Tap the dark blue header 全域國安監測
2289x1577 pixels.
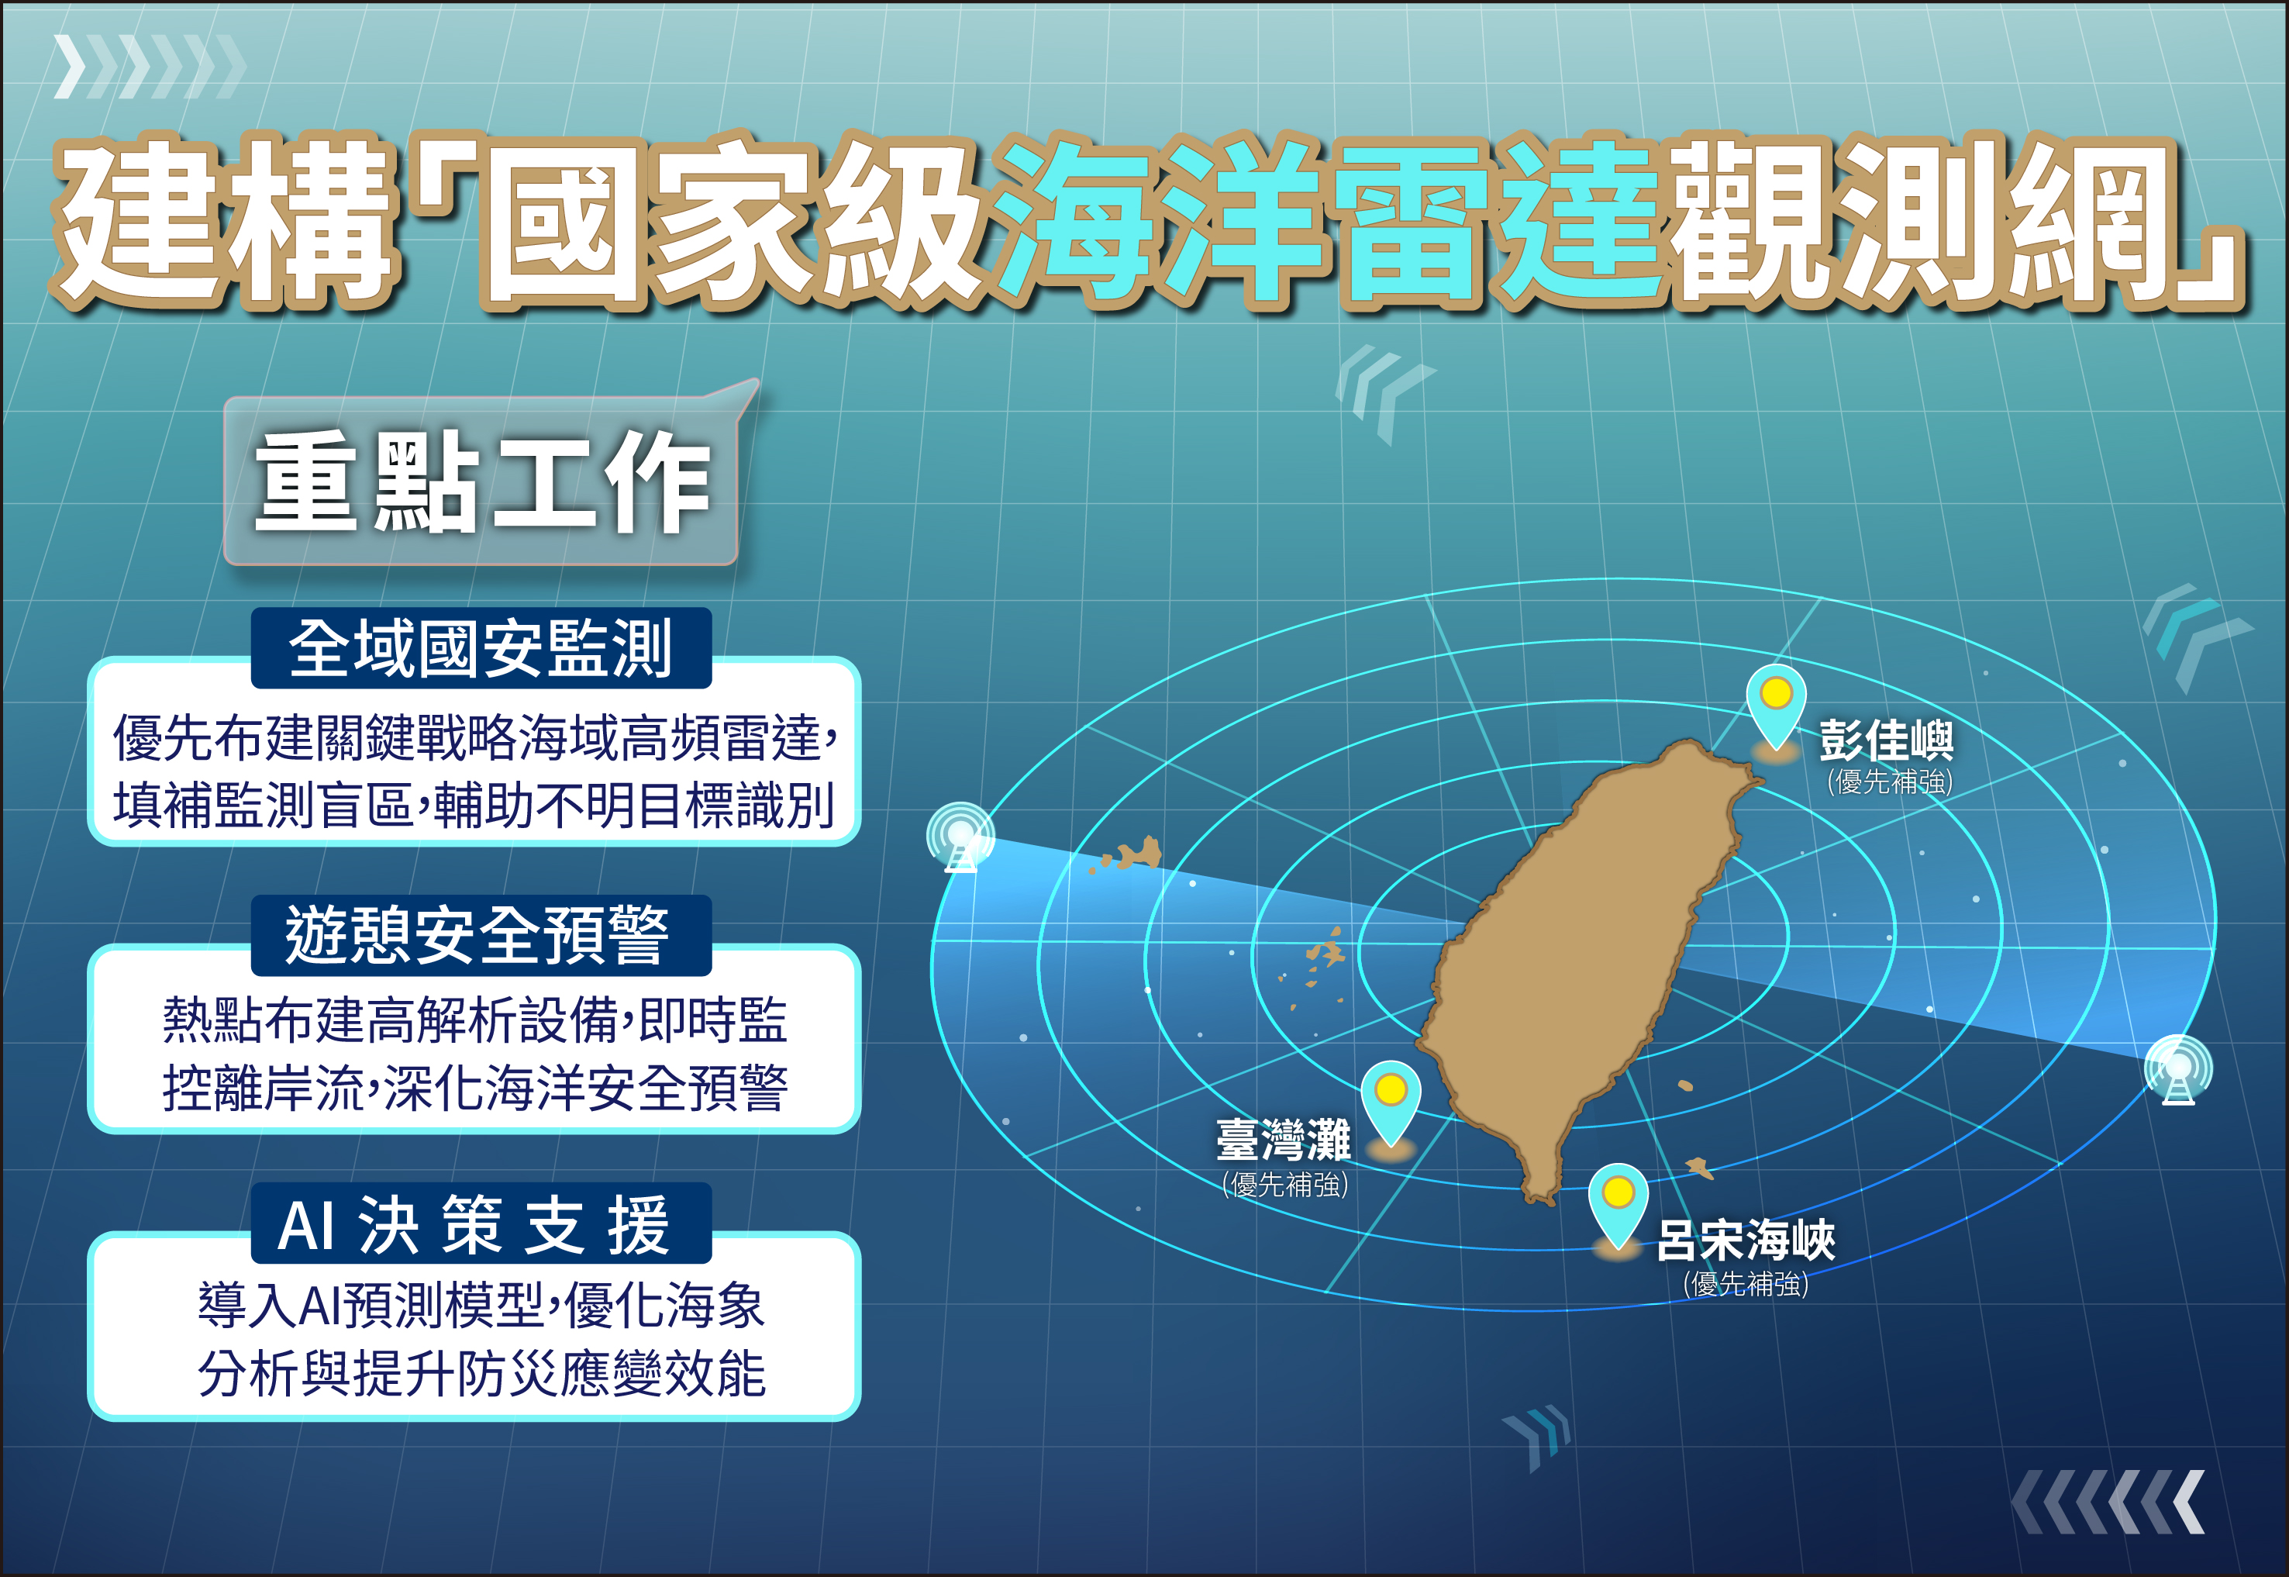[x=481, y=648]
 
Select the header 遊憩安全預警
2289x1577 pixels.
[x=481, y=935]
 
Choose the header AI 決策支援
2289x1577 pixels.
[x=481, y=1223]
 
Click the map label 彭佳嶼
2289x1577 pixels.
[x=1886, y=739]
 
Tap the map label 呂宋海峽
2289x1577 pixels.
[x=1746, y=1240]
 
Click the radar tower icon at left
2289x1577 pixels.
[x=960, y=838]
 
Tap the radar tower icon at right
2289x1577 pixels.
[x=2178, y=1069]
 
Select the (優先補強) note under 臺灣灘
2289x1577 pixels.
[x=1285, y=1184]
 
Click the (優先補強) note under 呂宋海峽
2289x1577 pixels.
[x=1746, y=1283]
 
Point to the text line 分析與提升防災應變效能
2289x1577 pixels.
[x=481, y=1373]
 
